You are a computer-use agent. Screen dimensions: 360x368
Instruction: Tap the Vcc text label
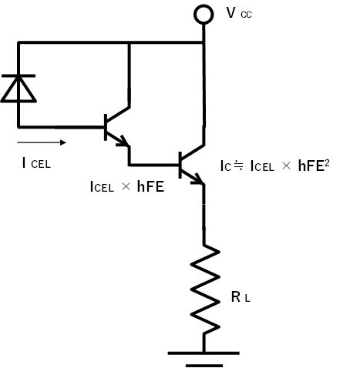239,13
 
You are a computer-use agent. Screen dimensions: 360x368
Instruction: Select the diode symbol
19,89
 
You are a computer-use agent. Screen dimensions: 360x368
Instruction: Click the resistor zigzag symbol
205,289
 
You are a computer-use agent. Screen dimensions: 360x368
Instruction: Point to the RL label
241,297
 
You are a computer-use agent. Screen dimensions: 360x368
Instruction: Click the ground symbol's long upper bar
204,353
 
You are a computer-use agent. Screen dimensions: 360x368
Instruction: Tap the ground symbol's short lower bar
204,366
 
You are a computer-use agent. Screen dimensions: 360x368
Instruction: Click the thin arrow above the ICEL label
42,142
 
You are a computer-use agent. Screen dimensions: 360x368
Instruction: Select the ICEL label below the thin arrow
36,163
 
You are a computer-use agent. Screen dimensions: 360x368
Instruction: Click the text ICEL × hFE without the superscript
127,186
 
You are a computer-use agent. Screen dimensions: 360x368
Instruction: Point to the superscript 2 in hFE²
327,162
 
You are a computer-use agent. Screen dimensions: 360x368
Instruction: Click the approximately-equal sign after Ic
237,166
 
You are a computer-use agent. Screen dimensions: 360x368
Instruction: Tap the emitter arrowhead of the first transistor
123,142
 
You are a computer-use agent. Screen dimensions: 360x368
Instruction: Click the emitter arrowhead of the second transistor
198,179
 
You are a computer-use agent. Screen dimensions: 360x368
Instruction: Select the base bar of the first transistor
106,127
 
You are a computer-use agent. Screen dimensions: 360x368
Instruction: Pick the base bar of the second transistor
180,165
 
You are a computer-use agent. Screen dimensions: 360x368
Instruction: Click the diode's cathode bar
19,75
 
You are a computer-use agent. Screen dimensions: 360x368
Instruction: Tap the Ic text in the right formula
226,166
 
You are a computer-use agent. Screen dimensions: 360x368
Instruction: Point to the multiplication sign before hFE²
286,166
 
